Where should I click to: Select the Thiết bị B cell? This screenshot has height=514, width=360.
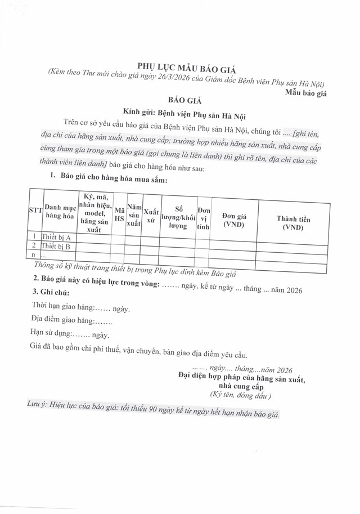pyautogui.click(x=56, y=247)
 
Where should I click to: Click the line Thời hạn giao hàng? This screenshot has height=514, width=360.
pyautogui.click(x=82, y=309)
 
